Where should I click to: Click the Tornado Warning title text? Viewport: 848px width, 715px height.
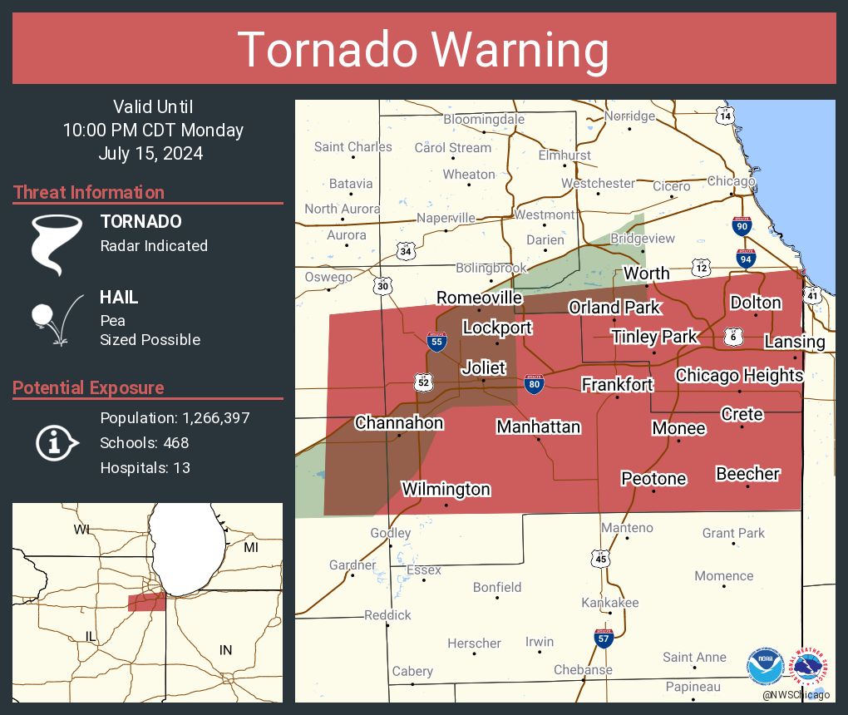click(x=423, y=49)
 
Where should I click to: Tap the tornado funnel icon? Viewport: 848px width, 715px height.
click(x=57, y=244)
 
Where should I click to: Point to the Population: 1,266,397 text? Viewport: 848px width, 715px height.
click(x=175, y=417)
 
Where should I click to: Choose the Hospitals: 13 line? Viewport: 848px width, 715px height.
click(x=145, y=467)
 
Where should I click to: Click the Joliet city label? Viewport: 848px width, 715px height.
click(x=484, y=367)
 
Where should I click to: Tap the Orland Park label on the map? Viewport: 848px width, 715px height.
click(x=614, y=308)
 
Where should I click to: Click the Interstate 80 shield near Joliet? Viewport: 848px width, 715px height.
click(x=534, y=384)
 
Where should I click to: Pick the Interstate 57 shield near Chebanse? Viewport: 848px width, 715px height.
click(x=604, y=639)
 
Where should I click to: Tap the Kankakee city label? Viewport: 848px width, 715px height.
click(x=609, y=602)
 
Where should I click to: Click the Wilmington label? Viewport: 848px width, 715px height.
click(x=446, y=489)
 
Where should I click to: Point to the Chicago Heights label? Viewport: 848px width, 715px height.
click(x=738, y=375)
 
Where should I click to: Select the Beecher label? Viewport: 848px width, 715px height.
click(x=747, y=474)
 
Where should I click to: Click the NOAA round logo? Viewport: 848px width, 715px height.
click(x=765, y=667)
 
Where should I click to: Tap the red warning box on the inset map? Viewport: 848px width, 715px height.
click(x=146, y=603)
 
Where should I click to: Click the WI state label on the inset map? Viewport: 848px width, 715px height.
click(x=81, y=530)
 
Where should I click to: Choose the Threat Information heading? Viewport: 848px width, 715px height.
click(x=89, y=192)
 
